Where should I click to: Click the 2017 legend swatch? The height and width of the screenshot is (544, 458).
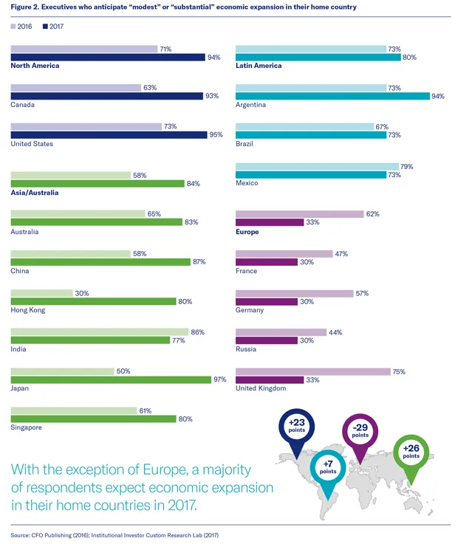click(46, 27)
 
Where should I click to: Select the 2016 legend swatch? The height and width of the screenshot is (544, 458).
click(13, 27)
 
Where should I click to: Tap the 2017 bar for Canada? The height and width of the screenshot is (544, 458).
click(106, 96)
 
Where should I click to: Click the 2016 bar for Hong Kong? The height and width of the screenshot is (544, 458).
click(42, 293)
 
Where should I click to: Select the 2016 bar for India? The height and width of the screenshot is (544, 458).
click(100, 332)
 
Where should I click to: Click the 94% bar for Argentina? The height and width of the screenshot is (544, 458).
click(332, 96)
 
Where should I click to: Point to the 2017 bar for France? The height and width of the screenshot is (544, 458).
click(267, 262)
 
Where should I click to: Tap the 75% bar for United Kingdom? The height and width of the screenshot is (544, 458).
click(312, 371)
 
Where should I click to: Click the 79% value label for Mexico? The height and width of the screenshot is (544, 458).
click(406, 166)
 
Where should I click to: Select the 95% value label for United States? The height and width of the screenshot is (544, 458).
click(215, 135)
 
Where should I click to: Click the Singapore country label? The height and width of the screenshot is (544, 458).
click(27, 428)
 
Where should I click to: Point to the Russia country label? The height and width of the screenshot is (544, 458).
click(247, 349)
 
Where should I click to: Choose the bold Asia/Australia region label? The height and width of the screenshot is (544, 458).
click(35, 193)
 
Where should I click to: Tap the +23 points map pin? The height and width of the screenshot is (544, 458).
click(292, 428)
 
